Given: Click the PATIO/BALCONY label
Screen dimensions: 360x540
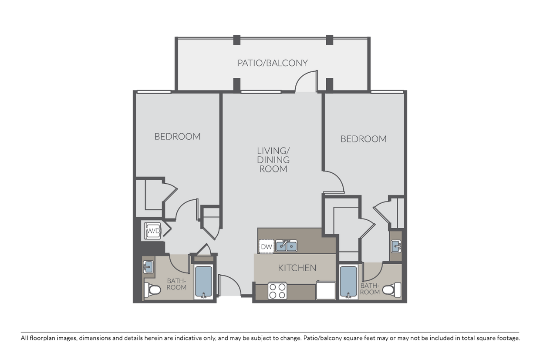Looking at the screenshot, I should [x=273, y=63].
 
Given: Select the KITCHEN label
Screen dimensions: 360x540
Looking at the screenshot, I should [x=297, y=268].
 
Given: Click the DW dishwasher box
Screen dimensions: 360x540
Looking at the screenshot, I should [x=266, y=247].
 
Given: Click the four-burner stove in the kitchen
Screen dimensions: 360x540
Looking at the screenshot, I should [x=277, y=291].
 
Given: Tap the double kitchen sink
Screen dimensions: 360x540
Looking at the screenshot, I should [x=286, y=246].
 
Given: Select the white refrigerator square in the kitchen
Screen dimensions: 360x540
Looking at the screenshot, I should [x=326, y=290].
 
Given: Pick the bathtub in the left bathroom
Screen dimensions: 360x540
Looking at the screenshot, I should [x=203, y=281].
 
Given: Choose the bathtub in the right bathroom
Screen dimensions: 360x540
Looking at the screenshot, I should [x=348, y=281].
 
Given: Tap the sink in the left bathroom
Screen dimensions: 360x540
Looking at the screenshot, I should [x=148, y=266].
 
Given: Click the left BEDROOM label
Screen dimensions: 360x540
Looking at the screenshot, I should [x=177, y=136].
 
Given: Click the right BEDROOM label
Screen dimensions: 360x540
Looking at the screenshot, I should [x=363, y=139].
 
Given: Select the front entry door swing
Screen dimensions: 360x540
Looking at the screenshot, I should [x=229, y=286].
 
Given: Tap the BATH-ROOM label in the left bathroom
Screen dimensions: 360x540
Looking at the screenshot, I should [x=176, y=284].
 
